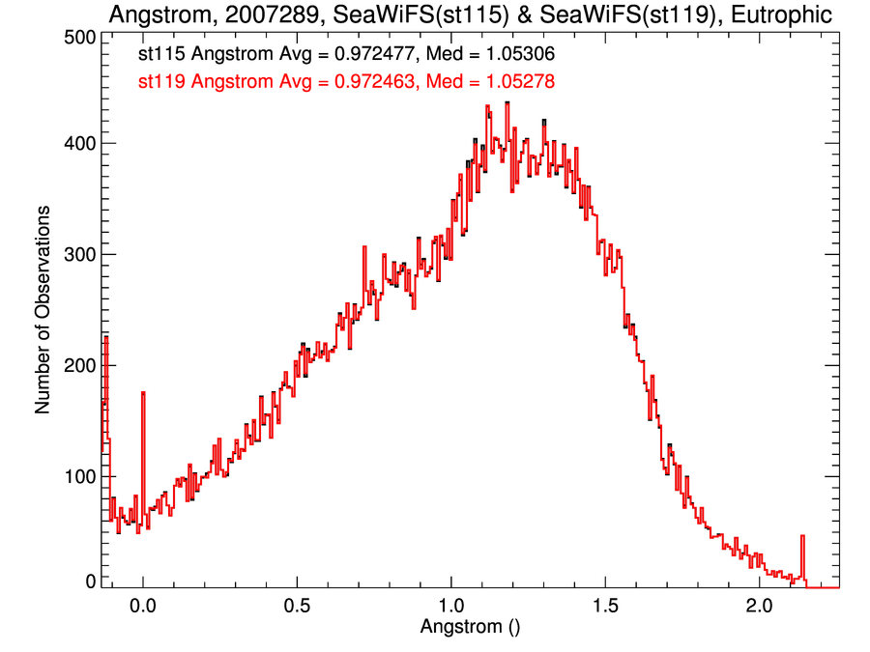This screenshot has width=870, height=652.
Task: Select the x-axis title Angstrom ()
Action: [471, 626]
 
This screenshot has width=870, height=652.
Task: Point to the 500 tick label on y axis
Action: [77, 37]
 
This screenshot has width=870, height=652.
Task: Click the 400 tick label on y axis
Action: [77, 144]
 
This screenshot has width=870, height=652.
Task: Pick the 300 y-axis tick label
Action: [77, 255]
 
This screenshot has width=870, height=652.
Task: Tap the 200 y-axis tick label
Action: [77, 366]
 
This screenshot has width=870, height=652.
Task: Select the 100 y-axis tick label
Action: [77, 477]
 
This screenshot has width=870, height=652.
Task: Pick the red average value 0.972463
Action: [374, 82]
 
